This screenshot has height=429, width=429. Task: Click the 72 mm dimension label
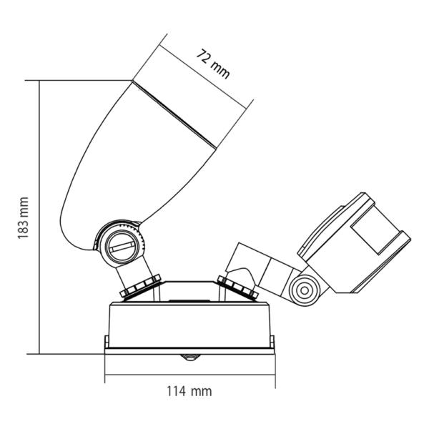tap(213, 64)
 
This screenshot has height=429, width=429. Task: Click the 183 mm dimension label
tap(23, 218)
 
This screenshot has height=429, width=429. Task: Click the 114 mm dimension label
tap(189, 391)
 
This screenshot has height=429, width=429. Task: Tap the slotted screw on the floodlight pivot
tap(121, 245)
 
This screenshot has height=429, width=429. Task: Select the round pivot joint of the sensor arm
tap(305, 290)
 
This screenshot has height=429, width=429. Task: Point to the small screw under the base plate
tap(190, 357)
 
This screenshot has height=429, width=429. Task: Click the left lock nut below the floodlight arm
tap(140, 286)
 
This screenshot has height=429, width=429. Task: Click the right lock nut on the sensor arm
tap(238, 287)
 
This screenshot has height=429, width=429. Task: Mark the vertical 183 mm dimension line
tap(39, 217)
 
